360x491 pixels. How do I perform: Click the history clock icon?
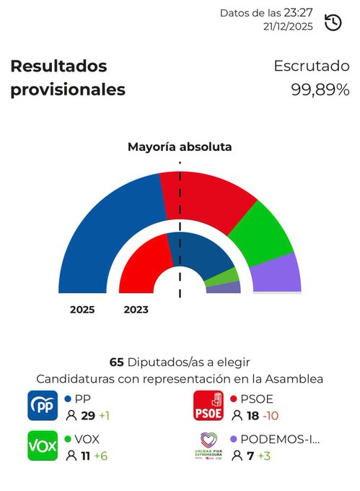point(333,22)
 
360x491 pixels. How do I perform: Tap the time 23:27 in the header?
point(298,13)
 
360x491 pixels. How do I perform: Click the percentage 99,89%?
point(320,90)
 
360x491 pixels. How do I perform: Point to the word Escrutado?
point(311,66)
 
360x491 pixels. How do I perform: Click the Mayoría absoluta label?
point(180,147)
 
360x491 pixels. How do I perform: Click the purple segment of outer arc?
point(282,274)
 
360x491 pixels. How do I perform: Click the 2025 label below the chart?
point(82,310)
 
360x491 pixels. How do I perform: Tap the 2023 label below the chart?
point(136,310)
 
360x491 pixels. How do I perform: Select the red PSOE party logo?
point(209,406)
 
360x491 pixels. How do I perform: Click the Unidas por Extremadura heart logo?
point(209,445)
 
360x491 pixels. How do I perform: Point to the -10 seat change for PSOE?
point(271,415)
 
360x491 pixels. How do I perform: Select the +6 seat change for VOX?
point(104,456)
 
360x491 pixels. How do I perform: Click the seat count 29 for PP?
point(87,415)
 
